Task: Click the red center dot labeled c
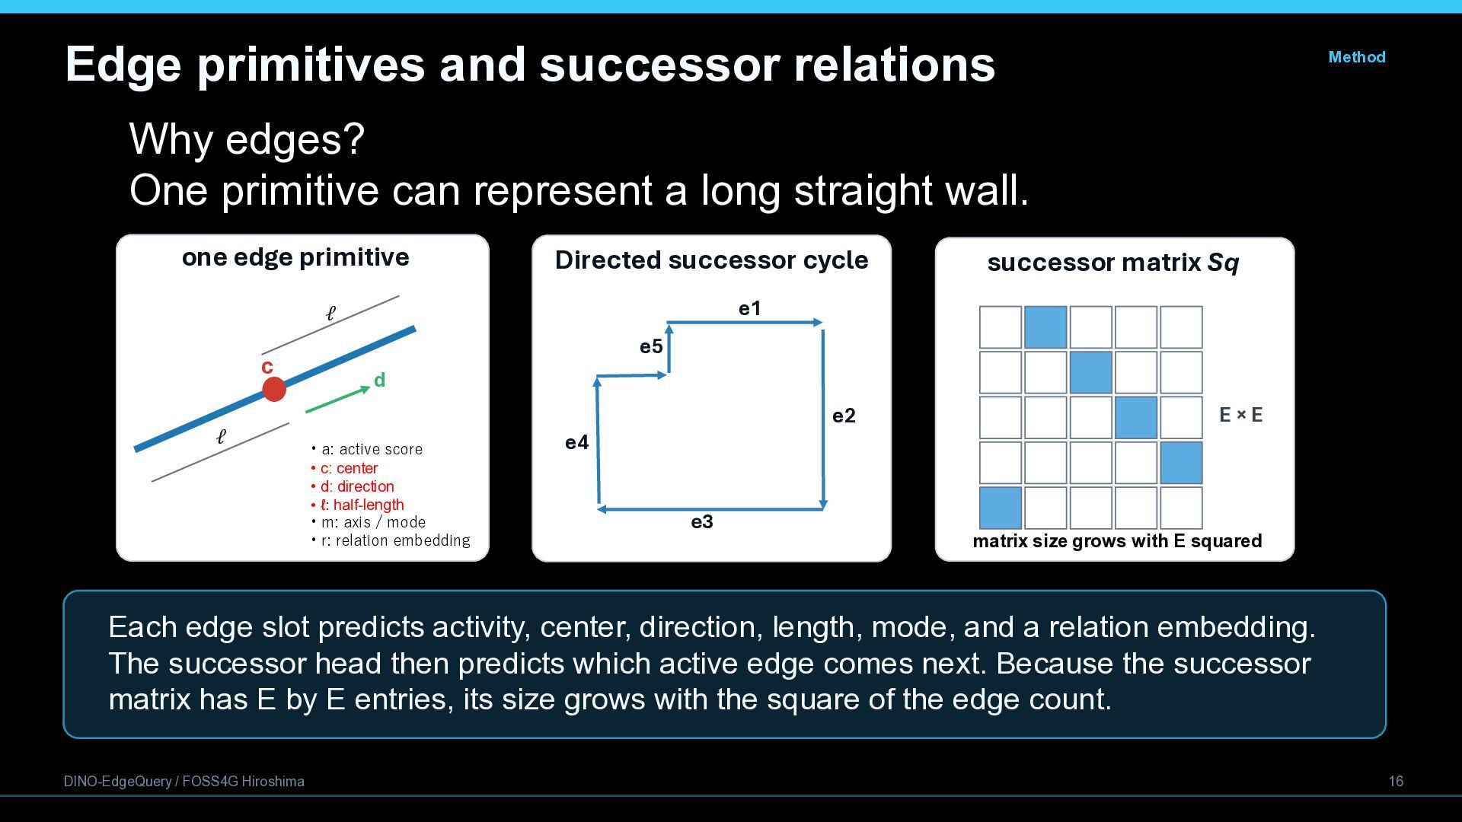coord(274,389)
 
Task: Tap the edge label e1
coord(749,308)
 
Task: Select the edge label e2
coord(844,416)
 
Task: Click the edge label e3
coord(702,521)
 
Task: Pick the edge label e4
coord(576,442)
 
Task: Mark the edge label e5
coord(651,346)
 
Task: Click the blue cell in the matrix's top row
coord(1045,327)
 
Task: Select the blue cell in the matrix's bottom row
coord(1000,508)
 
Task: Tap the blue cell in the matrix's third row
coord(1135,417)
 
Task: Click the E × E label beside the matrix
coord(1240,415)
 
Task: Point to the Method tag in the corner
coord(1356,57)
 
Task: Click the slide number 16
coord(1396,782)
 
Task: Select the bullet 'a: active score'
coord(366,449)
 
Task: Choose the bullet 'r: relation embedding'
coord(391,540)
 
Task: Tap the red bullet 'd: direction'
coord(353,486)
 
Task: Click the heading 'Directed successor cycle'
coord(711,260)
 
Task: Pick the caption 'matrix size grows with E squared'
coord(1117,541)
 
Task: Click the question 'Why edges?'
coord(247,139)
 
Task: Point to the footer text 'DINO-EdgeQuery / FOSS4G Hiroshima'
coord(184,782)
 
